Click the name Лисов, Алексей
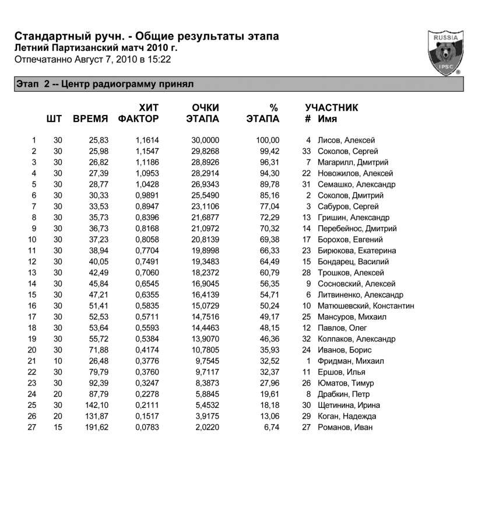point(346,141)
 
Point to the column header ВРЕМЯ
point(90,120)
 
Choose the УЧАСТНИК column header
point(331,108)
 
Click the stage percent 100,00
point(268,141)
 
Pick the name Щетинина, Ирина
point(349,406)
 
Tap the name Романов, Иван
point(345,428)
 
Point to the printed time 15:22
point(160,59)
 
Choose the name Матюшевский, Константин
point(366,306)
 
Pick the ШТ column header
point(54,120)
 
